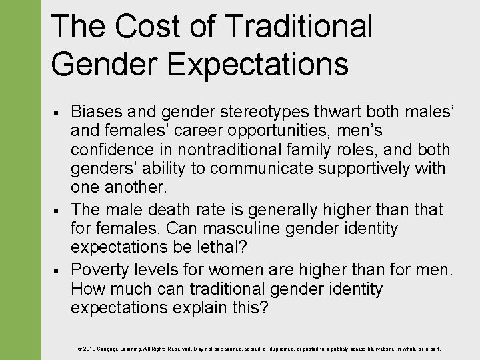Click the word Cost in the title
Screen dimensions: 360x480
tap(145, 26)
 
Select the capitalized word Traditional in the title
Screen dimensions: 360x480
tap(298, 26)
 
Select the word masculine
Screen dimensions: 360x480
tap(257, 229)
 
